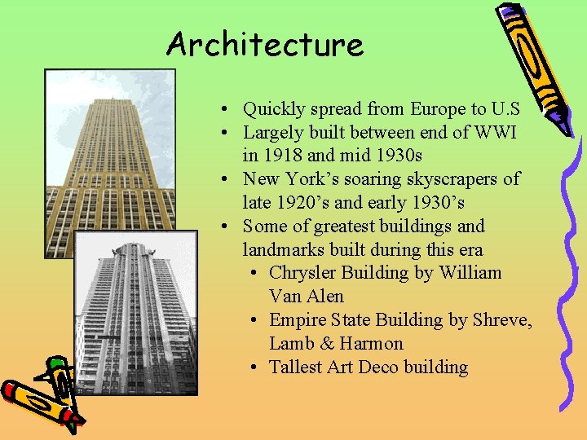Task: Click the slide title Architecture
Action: point(264,44)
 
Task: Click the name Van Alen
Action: point(306,297)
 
